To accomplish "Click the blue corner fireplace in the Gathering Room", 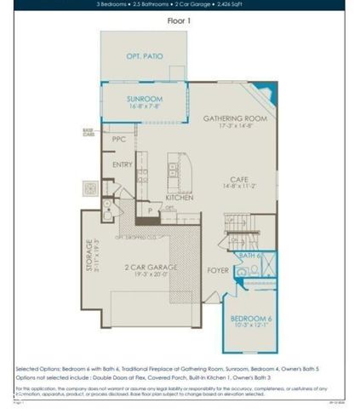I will [x=266, y=92].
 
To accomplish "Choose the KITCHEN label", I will [x=179, y=197].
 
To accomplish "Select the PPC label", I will [x=118, y=138].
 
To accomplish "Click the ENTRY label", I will [x=122, y=165].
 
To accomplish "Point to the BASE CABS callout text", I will [x=88, y=132].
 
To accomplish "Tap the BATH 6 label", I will [x=249, y=255].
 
